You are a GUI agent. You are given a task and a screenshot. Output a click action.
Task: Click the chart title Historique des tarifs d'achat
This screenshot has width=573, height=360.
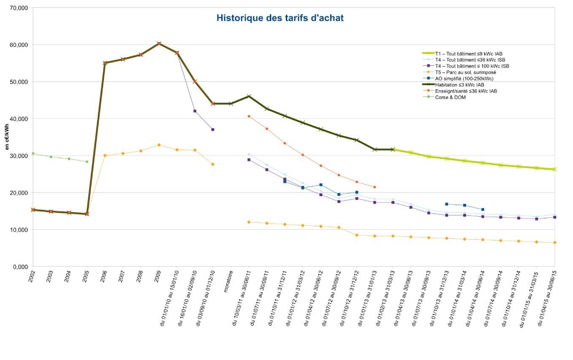tap(280, 18)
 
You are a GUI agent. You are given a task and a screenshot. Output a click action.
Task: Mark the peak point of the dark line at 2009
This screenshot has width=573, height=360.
tap(159, 43)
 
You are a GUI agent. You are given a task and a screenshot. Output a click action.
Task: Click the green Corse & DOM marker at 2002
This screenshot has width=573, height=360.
tap(33, 154)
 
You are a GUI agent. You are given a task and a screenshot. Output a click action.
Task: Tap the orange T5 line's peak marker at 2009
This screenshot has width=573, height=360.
tap(159, 145)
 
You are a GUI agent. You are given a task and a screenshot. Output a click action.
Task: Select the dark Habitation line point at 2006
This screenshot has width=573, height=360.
tap(105, 63)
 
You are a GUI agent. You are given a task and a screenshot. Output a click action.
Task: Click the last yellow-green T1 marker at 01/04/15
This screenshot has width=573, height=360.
tap(554, 169)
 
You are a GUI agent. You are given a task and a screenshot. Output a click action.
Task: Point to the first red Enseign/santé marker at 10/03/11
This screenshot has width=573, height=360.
tap(249, 116)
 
